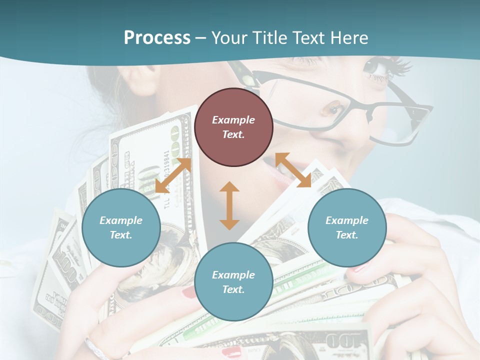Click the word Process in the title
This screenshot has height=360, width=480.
157,38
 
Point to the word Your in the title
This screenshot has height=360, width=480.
229,38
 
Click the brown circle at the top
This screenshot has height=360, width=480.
233,127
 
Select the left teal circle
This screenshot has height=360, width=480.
121,227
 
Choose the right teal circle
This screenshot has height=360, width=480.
347,227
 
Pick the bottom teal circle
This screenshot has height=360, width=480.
233,281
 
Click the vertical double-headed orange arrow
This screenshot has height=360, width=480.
229,205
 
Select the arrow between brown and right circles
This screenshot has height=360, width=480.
293,170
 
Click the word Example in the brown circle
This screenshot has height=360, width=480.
233,120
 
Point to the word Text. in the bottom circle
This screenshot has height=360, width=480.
233,289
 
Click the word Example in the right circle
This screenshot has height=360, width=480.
347,220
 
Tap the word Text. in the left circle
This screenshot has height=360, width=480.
121,235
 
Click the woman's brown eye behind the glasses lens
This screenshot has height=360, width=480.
334,108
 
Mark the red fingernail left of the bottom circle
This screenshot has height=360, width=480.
189,292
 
